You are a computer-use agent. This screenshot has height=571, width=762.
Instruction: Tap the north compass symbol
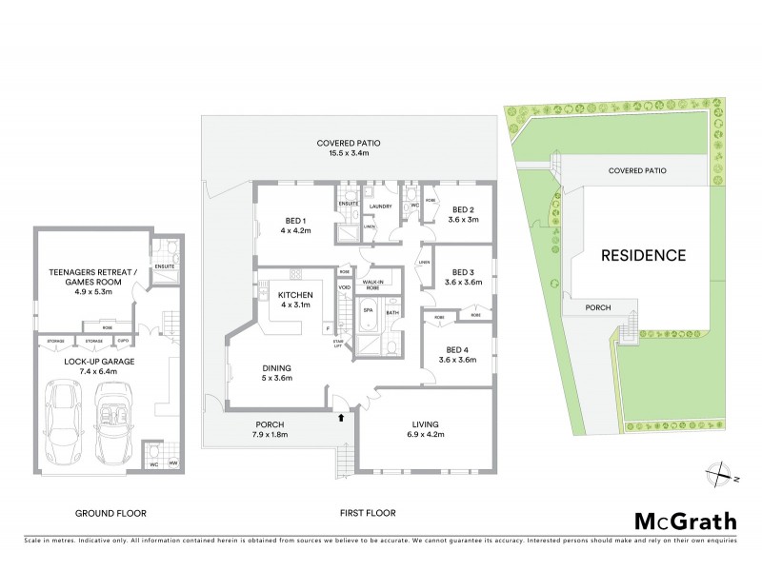click(x=719, y=473)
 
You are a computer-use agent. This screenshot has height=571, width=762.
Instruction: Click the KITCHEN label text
click(x=295, y=295)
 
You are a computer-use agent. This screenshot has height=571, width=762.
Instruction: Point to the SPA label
click(x=367, y=311)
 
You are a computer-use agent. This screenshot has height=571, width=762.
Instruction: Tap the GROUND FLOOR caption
click(x=111, y=513)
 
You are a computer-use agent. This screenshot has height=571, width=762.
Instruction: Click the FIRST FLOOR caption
click(x=368, y=513)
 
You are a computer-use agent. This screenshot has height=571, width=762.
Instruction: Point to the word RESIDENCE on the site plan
click(x=643, y=255)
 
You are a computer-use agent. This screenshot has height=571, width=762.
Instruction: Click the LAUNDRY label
click(x=381, y=206)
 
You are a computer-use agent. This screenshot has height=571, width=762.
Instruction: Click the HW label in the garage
click(x=172, y=463)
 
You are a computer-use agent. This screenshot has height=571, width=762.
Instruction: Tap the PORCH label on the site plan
click(x=598, y=306)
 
